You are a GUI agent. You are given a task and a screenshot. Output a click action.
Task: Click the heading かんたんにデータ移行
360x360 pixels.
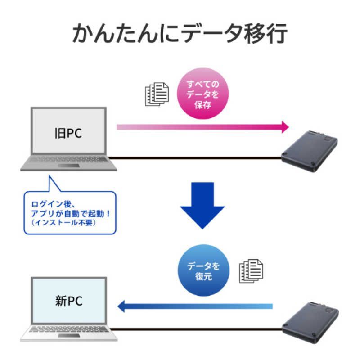point(180,34)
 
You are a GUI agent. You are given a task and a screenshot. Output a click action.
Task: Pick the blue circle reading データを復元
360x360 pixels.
point(204,271)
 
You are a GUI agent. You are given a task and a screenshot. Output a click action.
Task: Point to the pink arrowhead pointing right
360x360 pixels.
point(283,127)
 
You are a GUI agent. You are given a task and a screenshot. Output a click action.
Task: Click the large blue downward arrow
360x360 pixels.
point(202,207)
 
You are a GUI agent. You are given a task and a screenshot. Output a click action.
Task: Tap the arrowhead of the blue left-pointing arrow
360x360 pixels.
point(121,307)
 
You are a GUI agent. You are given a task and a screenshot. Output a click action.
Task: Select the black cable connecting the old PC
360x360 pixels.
point(198,157)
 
